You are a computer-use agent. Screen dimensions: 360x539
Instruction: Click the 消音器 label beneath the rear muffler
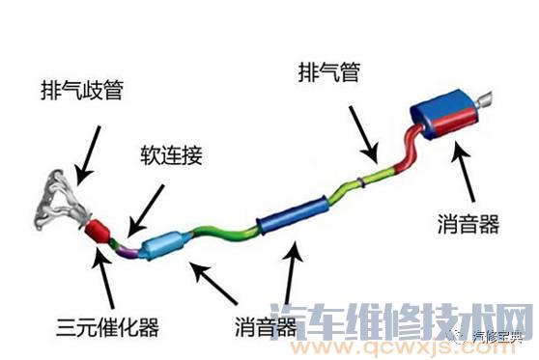(x=468, y=225)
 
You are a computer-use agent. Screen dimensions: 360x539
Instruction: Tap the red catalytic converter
(x=99, y=233)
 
